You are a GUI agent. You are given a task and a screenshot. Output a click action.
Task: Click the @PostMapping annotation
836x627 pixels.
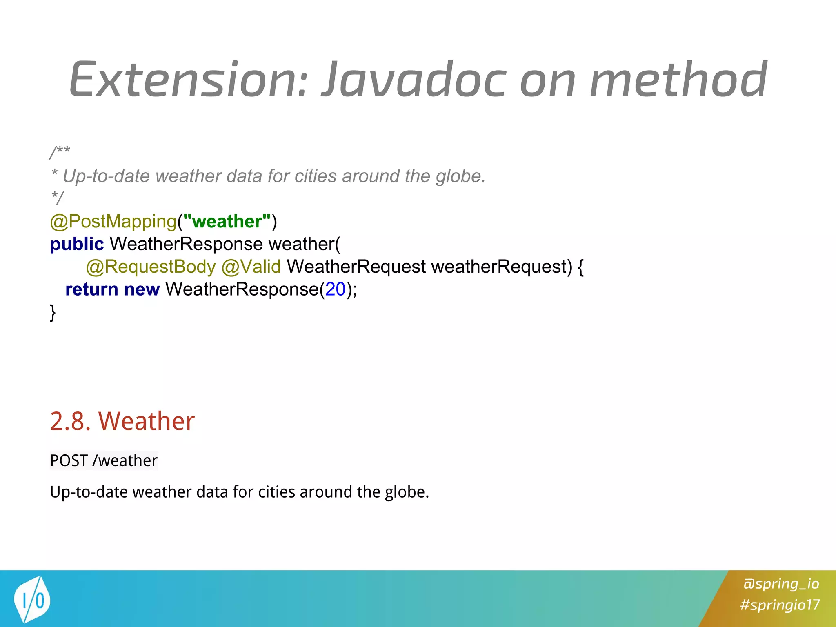(113, 221)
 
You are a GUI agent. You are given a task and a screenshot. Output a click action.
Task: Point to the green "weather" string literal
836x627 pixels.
(227, 221)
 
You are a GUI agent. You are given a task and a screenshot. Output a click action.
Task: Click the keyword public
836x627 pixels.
(77, 244)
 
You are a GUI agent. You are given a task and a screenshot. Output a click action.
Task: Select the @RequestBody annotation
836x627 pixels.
(151, 267)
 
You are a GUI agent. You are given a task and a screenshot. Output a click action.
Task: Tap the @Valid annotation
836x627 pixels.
(251, 267)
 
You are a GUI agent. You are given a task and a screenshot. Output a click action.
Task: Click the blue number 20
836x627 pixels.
(336, 289)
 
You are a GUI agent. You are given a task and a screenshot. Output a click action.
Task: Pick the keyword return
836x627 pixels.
(92, 289)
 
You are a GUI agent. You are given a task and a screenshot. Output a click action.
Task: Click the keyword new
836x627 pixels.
(142, 289)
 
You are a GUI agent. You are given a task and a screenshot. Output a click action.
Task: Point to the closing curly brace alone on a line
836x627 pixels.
(53, 312)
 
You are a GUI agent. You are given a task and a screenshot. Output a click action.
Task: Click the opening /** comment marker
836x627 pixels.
(60, 152)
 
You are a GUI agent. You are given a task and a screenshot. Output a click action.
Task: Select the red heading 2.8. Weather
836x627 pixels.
(122, 421)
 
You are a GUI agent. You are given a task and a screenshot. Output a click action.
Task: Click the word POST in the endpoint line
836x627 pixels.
(69, 460)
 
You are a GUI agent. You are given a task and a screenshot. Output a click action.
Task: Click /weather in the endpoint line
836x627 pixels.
(125, 460)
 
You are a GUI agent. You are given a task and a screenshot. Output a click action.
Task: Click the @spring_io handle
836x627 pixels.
(781, 584)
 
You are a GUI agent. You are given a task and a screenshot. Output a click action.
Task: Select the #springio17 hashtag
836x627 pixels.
(780, 605)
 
